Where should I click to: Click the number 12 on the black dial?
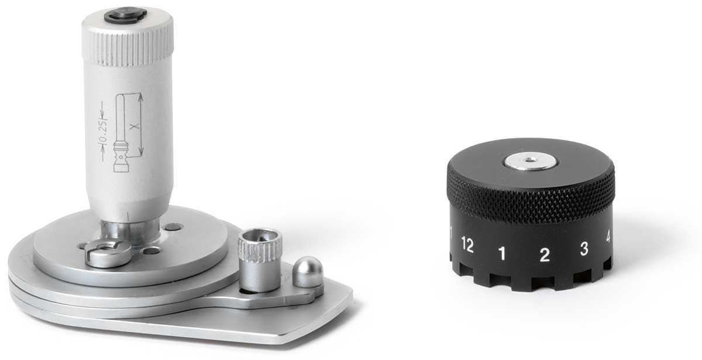click(x=467, y=245)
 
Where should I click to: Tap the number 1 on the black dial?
click(x=502, y=253)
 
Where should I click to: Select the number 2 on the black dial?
click(x=545, y=255)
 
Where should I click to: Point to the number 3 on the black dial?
click(x=583, y=248)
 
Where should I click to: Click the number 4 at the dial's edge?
click(x=608, y=237)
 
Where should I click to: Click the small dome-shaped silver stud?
click(x=308, y=273)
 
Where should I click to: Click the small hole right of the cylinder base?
click(x=173, y=227)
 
